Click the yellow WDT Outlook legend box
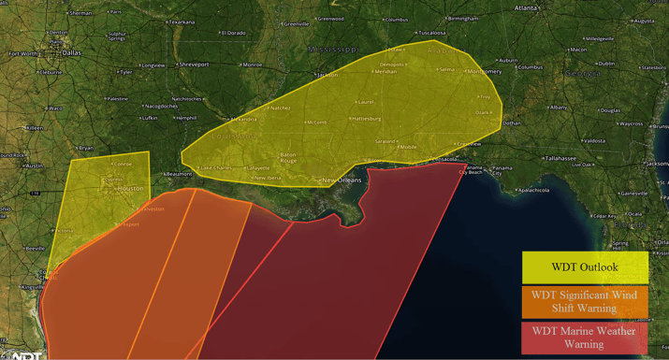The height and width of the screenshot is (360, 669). [585, 267]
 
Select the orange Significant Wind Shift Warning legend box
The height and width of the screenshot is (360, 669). [585, 301]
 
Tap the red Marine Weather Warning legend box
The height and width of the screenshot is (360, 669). [585, 338]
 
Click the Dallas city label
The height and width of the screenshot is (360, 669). [71, 52]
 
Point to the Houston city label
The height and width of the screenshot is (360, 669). [130, 189]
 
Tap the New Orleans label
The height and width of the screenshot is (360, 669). [342, 180]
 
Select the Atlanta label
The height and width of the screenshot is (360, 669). [526, 7]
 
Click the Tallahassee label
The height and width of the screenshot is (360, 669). [561, 159]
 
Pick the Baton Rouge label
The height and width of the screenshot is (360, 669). [287, 158]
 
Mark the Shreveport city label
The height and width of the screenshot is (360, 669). [195, 65]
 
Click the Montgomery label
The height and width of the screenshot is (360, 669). [486, 71]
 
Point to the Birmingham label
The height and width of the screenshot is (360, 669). [462, 18]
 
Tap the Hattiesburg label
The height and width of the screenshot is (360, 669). [366, 119]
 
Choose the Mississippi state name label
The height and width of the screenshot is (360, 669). [333, 49]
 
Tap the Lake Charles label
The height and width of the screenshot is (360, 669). [216, 168]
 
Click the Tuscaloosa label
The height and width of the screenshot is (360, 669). [431, 33]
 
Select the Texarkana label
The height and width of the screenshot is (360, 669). [182, 22]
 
